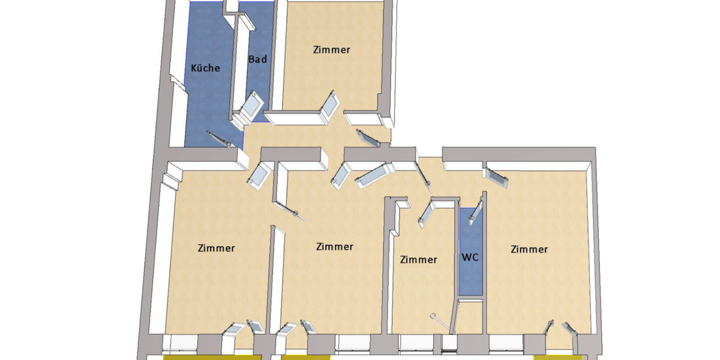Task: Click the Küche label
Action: (205, 68)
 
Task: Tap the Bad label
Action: (257, 59)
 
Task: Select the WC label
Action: (470, 257)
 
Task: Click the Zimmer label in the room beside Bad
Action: (331, 50)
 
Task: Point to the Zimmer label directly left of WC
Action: (418, 260)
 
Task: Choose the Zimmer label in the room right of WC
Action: (529, 249)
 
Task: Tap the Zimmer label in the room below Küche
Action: (216, 248)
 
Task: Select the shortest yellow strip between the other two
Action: (306, 357)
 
